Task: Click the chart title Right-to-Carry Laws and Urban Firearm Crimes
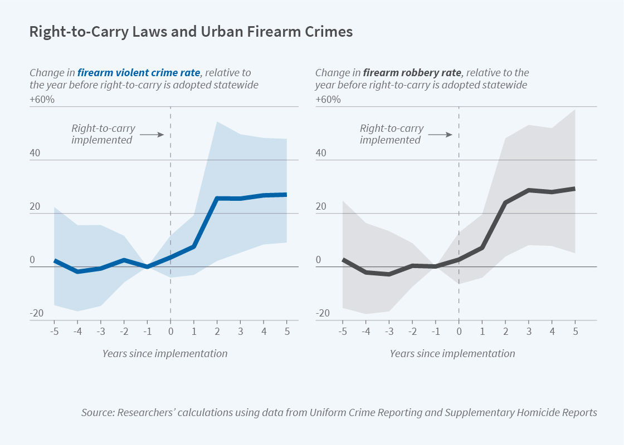191,32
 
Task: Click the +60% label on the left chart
42,100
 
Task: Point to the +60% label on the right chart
329,100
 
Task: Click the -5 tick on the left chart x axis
54,332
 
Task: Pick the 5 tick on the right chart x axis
575,332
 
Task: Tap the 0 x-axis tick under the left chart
170,332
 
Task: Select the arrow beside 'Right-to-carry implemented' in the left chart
150,134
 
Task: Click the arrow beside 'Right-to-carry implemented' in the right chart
439,134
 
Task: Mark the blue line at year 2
217,199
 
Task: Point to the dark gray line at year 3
528,190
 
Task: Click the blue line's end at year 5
285,195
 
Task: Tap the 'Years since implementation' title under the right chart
452,353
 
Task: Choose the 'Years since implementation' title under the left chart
165,353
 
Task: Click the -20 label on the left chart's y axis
36,314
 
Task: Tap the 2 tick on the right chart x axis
505,332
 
